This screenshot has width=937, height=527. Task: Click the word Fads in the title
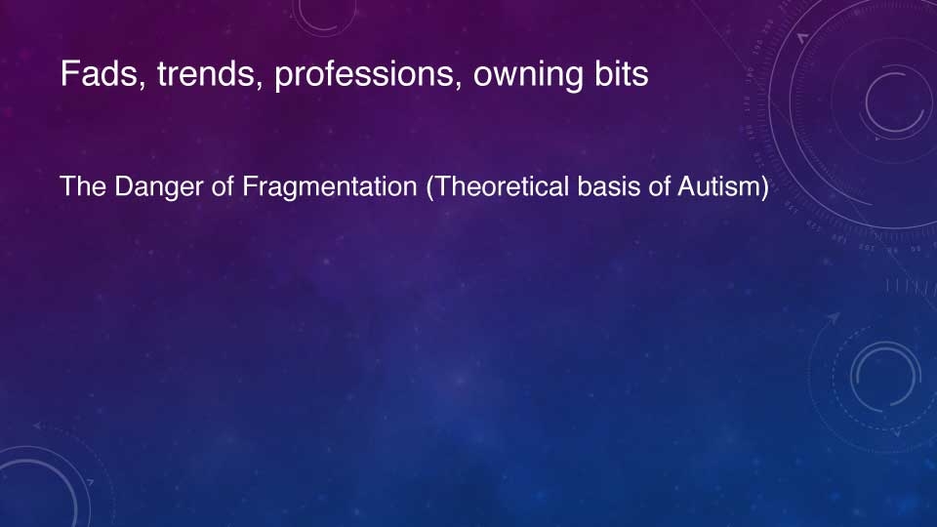coord(100,73)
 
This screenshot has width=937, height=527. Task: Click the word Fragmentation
coord(329,187)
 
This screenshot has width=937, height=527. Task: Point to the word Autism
coord(719,186)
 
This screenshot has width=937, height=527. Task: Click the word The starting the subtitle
coord(83,186)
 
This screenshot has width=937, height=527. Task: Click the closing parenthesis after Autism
coord(764,187)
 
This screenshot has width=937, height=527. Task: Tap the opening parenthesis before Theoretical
coord(430,187)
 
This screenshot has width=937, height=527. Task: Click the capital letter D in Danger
coord(123,186)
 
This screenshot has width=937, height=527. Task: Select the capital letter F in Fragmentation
coord(250,186)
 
